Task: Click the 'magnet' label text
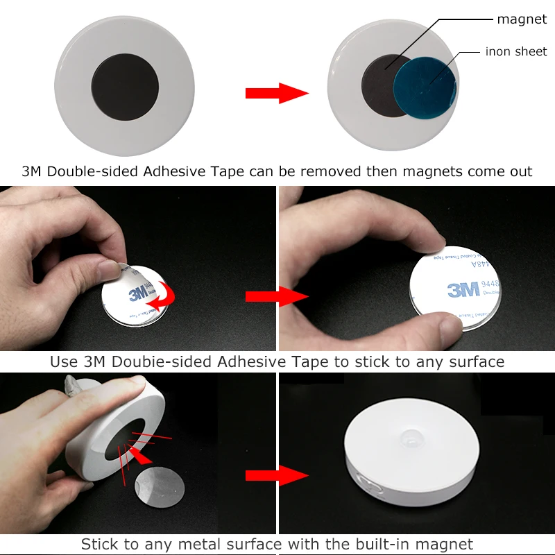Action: point(522,19)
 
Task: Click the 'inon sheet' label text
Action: point(515,51)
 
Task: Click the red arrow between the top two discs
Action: point(277,92)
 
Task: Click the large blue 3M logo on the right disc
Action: point(464,289)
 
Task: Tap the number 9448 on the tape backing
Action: point(490,284)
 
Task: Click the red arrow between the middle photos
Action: point(277,297)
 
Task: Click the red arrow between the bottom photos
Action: point(277,476)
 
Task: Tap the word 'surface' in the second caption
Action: point(477,361)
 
